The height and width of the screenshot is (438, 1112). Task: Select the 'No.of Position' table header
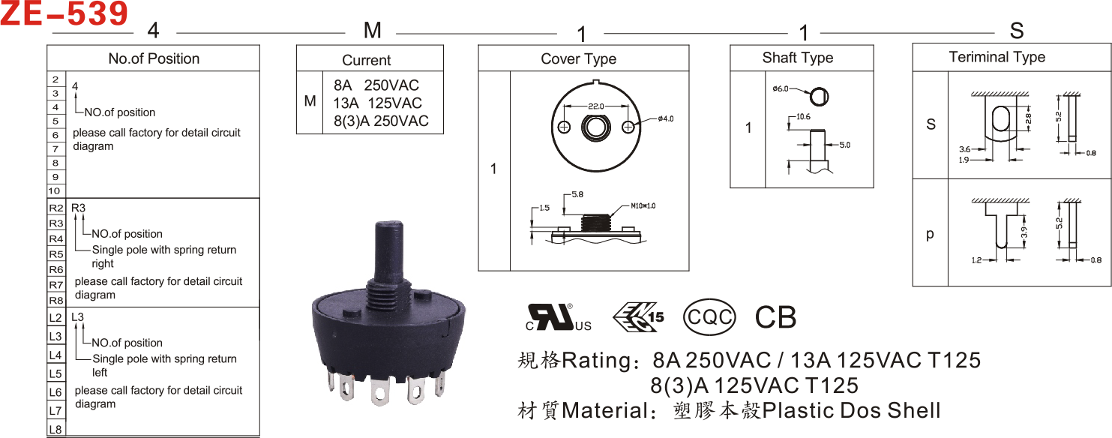154,58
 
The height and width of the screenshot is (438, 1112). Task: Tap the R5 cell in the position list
56,254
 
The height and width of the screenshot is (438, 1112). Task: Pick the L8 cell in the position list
55,430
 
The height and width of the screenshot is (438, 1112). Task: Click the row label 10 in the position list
54,190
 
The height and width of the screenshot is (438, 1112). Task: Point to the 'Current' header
367,60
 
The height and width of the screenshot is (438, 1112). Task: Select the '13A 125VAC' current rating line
377,103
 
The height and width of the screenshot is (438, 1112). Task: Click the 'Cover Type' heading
579,58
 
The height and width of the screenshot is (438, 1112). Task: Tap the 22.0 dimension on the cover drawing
595,106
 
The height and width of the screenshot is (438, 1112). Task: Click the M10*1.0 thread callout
643,205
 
